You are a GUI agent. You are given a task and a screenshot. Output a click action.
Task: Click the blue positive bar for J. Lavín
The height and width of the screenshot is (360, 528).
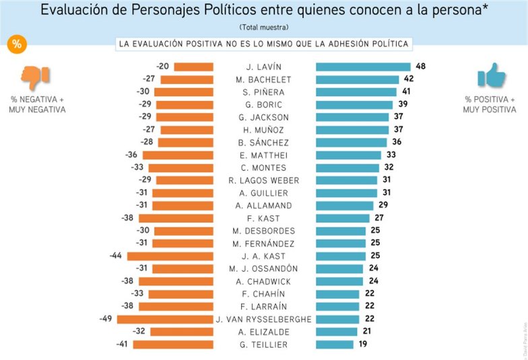(363, 67)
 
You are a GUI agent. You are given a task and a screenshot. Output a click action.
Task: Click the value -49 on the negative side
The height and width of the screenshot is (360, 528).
(106, 319)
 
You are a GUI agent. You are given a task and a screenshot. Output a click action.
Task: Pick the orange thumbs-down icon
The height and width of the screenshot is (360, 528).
(32, 77)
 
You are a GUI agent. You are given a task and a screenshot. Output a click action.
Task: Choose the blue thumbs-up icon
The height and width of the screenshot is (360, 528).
(491, 76)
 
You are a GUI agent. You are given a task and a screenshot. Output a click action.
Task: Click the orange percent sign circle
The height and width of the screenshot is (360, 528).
(17, 44)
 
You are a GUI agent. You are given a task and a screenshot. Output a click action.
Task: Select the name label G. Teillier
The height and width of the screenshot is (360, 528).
(264, 345)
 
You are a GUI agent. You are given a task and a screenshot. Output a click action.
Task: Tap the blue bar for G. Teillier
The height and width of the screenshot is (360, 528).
(335, 345)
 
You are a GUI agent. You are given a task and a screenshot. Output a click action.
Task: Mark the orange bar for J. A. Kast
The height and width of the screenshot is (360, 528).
(170, 256)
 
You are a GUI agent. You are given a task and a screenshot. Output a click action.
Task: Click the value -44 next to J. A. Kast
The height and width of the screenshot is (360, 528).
(116, 256)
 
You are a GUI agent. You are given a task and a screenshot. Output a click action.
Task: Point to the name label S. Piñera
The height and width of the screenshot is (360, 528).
(264, 92)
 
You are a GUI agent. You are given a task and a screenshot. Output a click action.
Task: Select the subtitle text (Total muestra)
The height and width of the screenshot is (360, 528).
(264, 27)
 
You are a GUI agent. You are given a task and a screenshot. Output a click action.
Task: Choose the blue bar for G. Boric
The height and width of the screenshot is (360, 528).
(354, 104)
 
